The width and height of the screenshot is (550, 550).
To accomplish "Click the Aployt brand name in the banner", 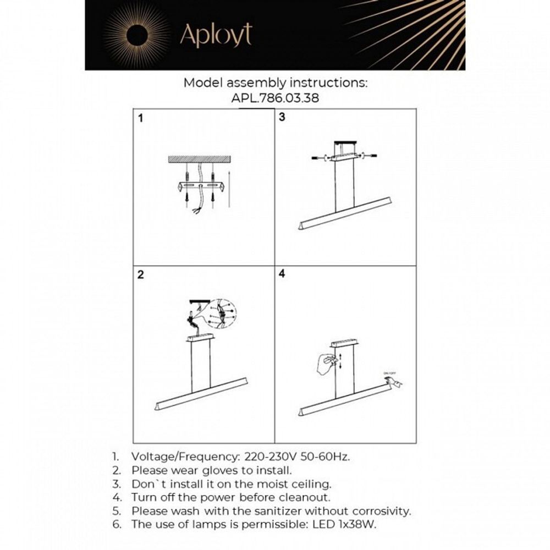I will [x=216, y=35].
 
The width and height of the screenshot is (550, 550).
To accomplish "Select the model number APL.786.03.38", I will [x=275, y=98].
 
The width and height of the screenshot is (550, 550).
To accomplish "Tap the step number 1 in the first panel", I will [x=141, y=118].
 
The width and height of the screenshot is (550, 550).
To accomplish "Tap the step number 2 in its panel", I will [x=141, y=275].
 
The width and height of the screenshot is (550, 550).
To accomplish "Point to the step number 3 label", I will [x=282, y=117].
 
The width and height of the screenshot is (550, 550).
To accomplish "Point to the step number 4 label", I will [x=282, y=274].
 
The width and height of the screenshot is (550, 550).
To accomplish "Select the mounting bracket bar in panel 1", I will [x=201, y=186].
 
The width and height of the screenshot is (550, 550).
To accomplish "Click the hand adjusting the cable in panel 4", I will [x=326, y=363].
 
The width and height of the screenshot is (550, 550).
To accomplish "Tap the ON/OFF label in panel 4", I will [x=389, y=373].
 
